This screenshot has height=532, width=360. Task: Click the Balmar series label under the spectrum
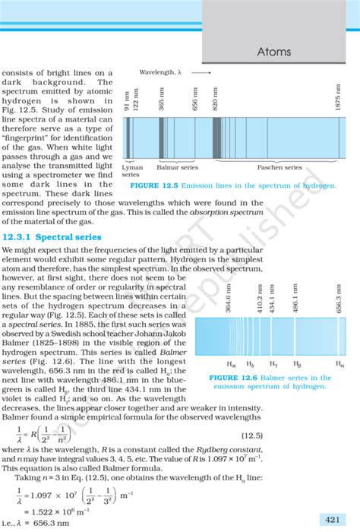click(177, 167)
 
